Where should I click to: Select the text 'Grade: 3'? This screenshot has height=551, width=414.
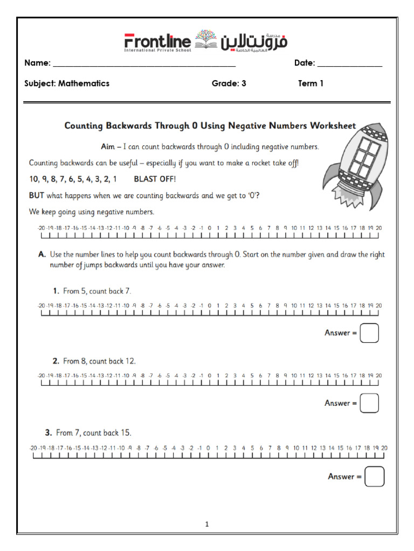tap(229, 83)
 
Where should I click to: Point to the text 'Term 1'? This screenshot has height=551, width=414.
tap(310, 83)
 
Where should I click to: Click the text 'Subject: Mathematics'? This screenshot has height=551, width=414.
tap(67, 83)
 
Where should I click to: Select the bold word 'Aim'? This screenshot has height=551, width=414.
tap(108, 146)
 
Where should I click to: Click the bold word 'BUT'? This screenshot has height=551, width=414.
tap(37, 196)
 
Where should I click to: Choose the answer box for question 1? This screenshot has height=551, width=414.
tap(369, 333)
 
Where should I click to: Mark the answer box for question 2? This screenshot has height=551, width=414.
tap(369, 403)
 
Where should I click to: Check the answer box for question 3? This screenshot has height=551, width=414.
tap(374, 476)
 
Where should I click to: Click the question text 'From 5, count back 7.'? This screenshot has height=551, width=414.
tap(96, 291)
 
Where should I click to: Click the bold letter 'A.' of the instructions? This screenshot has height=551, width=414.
tap(41, 255)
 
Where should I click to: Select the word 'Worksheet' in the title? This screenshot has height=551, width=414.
tap(332, 126)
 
